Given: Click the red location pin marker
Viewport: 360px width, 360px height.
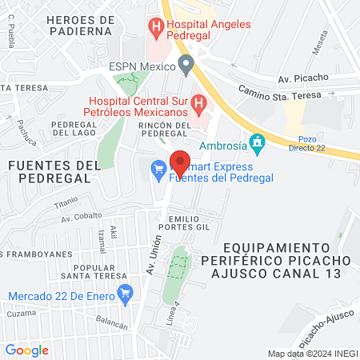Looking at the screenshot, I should [180, 163].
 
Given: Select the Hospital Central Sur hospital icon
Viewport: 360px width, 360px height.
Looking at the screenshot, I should [200, 103].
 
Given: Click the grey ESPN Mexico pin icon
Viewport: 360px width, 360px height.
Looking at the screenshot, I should [186, 62].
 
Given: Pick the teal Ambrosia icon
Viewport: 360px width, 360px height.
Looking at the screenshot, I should [257, 144].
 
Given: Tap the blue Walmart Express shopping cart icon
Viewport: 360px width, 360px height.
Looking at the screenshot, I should [158, 168].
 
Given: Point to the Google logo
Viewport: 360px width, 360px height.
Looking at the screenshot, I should [26, 350].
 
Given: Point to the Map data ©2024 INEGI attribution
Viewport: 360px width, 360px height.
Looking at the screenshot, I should [312, 353].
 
